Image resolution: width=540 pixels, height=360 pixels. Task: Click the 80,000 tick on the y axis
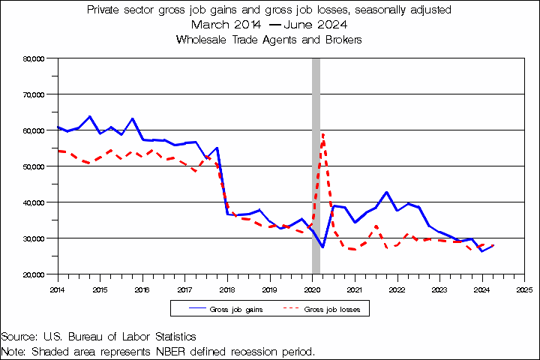tap(36, 58)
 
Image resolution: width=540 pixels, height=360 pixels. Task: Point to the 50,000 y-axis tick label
tap(36, 166)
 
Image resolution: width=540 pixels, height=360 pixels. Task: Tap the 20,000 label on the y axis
tap(36, 274)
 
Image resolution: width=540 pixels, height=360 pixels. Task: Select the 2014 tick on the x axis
tap(57, 288)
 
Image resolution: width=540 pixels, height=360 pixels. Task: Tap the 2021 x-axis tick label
tap(355, 288)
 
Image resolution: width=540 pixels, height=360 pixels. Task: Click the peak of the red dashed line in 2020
tap(322, 134)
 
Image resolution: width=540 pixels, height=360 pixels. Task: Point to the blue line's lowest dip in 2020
tap(322, 247)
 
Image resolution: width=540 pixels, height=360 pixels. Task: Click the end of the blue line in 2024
tap(493, 245)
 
